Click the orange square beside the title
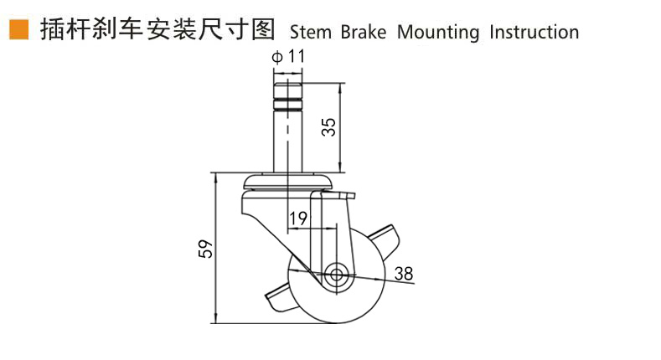(18, 29)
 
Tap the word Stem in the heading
(311, 33)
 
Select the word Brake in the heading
(363, 32)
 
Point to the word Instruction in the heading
(534, 32)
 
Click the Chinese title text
(158, 29)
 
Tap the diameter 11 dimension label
(288, 56)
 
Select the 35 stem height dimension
(328, 126)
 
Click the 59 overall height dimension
(206, 249)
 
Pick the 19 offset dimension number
(298, 219)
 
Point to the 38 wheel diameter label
(404, 274)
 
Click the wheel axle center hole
(336, 275)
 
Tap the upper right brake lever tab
(385, 239)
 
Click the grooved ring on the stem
(288, 104)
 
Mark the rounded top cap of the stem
(288, 90)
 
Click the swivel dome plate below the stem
(288, 181)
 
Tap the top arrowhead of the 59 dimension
(216, 177)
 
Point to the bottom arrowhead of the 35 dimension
(340, 168)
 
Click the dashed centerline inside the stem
(288, 126)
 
